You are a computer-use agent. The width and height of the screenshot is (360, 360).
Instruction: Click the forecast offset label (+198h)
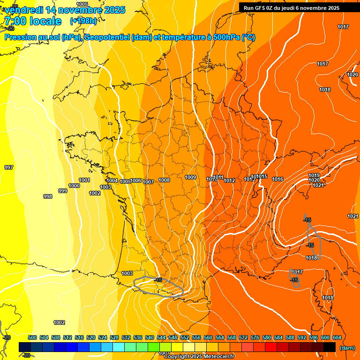click(x=83, y=21)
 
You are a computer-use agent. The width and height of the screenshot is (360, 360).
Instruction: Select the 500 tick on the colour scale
click(x=32, y=337)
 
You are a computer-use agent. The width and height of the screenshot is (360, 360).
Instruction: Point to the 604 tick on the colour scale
click(x=337, y=337)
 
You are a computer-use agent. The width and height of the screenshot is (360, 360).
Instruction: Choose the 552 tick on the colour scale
click(x=184, y=337)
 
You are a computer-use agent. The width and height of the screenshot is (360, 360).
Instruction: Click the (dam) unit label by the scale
click(x=347, y=348)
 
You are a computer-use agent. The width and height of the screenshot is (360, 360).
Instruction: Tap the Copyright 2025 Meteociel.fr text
click(x=199, y=357)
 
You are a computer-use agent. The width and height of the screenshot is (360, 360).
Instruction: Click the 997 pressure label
click(x=9, y=167)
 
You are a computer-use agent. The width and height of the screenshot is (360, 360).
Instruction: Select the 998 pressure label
click(x=48, y=196)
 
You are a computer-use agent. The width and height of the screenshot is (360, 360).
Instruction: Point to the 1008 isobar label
click(x=164, y=180)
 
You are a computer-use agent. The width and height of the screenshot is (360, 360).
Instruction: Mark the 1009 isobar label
click(x=190, y=177)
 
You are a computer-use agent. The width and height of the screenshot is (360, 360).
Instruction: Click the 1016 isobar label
click(x=277, y=179)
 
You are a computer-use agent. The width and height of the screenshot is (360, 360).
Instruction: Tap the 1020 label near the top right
click(x=352, y=75)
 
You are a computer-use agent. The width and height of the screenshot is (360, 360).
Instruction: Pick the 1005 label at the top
click(x=82, y=4)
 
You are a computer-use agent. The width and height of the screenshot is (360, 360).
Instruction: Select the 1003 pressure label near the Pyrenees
click(x=127, y=273)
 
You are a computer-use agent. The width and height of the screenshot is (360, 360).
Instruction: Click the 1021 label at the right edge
click(x=353, y=216)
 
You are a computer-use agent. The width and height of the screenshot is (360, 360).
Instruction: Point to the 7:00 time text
click(x=17, y=21)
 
